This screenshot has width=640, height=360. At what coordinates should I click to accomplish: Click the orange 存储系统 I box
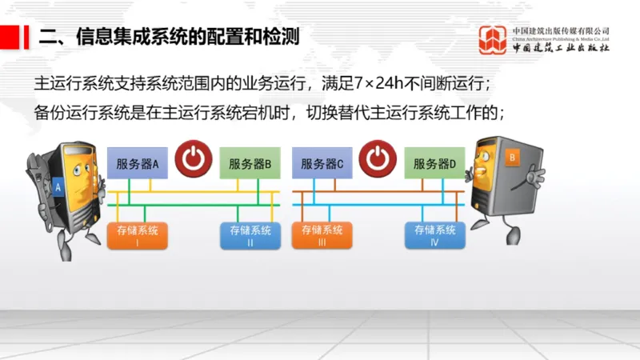tap(138, 235)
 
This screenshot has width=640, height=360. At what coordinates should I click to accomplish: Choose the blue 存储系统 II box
tap(250, 235)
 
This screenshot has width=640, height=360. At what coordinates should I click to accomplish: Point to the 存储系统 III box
tap(322, 235)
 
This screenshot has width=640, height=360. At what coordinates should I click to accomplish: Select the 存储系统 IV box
tap(434, 235)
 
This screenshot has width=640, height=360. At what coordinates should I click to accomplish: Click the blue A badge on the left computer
tap(58, 187)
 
